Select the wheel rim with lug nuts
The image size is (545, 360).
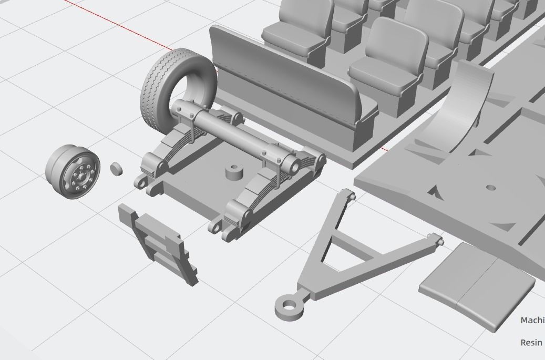(73, 171)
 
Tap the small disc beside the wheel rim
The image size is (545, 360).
(116, 168)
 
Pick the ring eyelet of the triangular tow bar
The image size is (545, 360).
(289, 307)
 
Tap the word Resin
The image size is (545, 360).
(531, 343)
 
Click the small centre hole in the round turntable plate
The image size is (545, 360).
(491, 187)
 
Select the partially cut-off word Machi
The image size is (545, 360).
(532, 320)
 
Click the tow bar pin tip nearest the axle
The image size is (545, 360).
(352, 197)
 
